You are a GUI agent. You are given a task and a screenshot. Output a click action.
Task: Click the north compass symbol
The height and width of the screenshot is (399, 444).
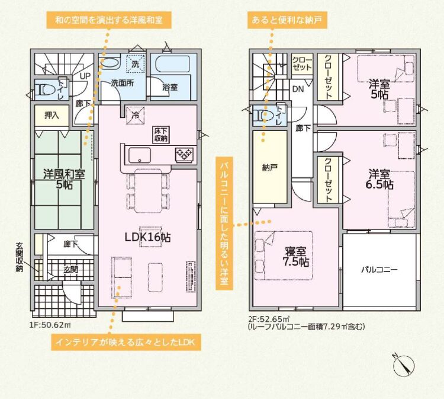point(404,365)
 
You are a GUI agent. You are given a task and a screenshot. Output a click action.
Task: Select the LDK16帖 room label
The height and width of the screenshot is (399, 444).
point(147,237)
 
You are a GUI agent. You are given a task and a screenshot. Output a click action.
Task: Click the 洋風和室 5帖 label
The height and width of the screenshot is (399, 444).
point(64,179)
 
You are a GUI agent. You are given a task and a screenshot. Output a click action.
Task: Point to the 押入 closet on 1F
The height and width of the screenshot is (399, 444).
point(52,116)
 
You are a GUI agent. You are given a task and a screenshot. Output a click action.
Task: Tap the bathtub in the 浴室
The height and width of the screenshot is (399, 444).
point(170,65)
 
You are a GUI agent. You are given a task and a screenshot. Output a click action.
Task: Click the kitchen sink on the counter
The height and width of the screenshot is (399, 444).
point(140,155)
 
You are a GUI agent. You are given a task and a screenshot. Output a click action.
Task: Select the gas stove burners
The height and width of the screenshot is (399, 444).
point(185,155)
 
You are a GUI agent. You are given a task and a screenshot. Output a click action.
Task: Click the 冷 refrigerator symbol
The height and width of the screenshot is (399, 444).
point(136,116)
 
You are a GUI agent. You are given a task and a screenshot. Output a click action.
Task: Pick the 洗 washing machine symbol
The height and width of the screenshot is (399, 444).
point(136,64)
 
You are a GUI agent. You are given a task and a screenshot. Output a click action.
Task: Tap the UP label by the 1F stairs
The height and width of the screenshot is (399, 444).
point(85,76)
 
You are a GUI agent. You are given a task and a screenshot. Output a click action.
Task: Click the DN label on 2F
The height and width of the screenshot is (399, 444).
point(298,90)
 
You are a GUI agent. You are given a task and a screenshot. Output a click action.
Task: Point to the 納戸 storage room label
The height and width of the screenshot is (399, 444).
point(269,168)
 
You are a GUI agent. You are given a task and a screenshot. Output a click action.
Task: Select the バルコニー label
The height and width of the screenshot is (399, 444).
point(379,269)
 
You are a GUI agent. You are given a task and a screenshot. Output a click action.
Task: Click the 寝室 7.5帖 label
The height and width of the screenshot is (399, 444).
point(295,257)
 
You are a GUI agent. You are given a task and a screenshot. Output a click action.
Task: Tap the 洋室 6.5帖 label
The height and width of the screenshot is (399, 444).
point(379,179)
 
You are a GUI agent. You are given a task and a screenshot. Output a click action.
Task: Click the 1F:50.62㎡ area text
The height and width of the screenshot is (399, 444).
point(50,324)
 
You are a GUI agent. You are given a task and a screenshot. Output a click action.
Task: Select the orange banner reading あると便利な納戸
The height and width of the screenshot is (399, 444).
point(287,20)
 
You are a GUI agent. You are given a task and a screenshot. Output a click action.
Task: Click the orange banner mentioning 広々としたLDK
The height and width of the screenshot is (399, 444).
point(126,342)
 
